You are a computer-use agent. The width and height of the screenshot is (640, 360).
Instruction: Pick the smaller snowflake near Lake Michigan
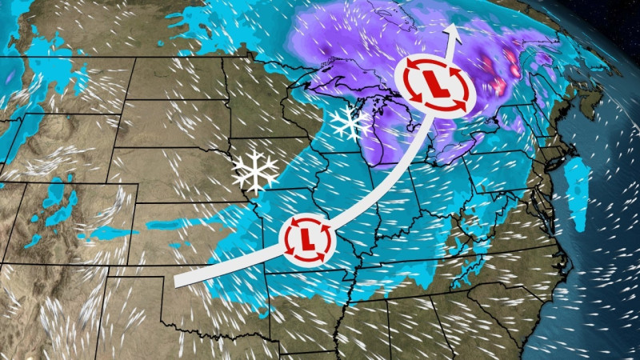click(350, 122)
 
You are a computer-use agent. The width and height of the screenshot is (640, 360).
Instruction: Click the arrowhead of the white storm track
click(454, 30)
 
